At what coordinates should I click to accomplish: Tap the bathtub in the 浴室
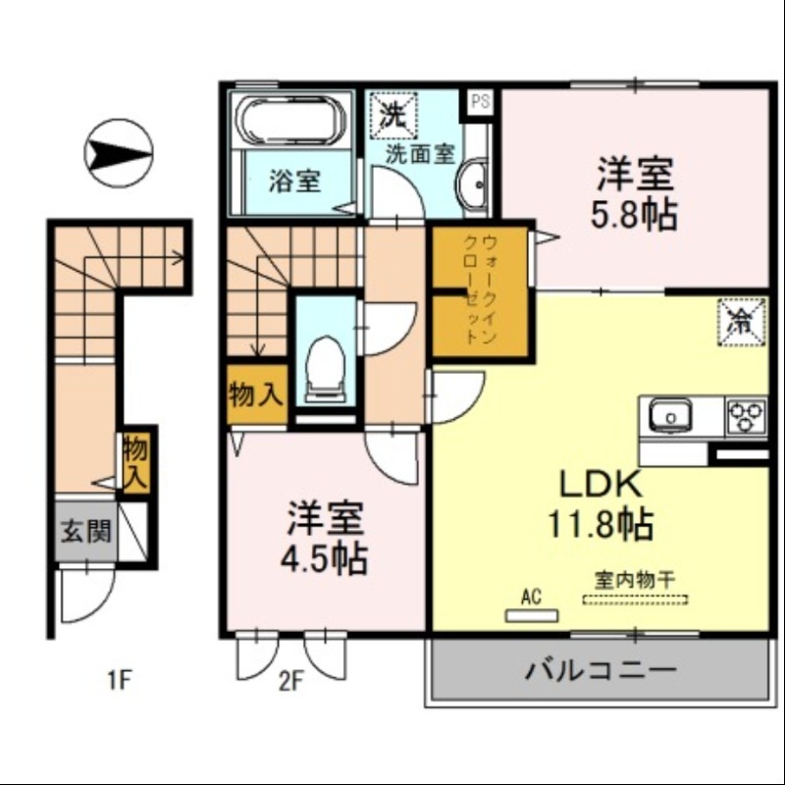(x=291, y=121)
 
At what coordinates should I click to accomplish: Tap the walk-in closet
(x=481, y=290)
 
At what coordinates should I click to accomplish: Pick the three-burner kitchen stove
(x=746, y=416)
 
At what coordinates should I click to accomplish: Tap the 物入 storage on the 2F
(x=256, y=395)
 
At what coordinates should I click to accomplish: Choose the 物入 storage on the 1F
(x=135, y=462)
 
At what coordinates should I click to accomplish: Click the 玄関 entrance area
(x=85, y=533)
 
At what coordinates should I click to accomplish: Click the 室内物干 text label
(x=634, y=579)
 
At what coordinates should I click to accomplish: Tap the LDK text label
(x=600, y=484)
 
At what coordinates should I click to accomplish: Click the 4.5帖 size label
(x=325, y=558)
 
